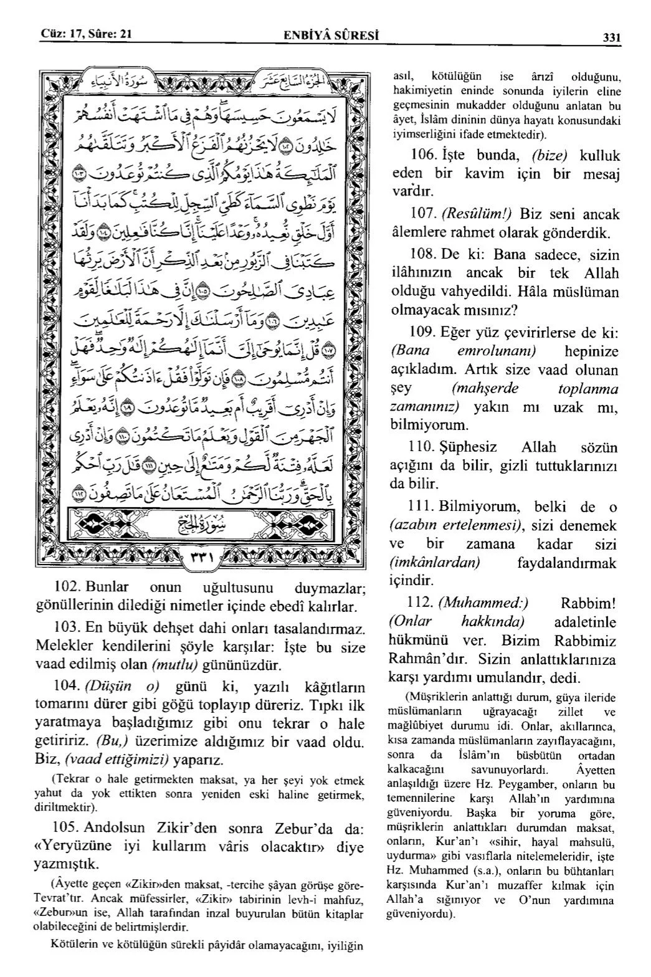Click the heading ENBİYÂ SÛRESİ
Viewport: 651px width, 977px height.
(330, 36)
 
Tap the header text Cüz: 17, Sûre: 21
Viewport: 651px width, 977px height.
(86, 34)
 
